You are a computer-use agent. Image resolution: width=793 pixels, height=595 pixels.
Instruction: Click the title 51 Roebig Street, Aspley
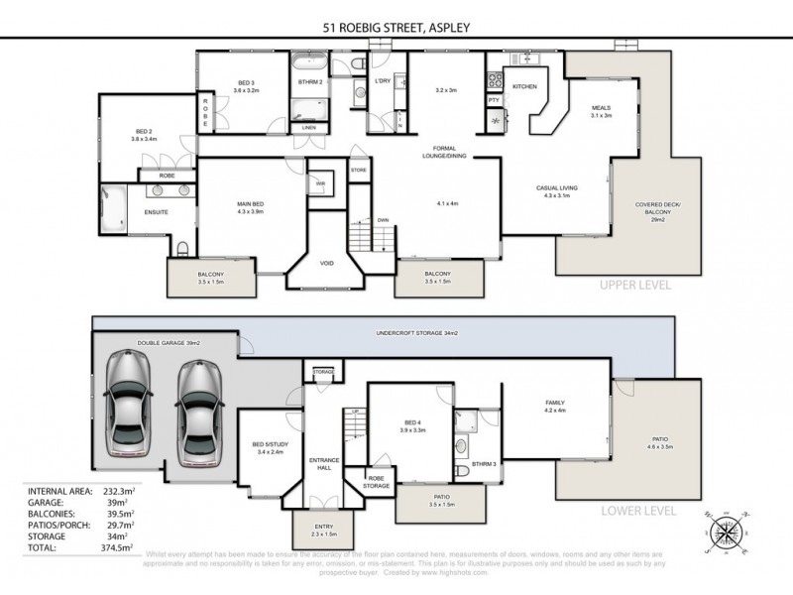396,28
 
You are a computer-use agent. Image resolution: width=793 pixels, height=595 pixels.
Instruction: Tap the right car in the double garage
198,409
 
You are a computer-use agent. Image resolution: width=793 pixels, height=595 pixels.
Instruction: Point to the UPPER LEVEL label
635,285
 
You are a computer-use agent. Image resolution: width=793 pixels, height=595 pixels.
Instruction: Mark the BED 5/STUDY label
269,446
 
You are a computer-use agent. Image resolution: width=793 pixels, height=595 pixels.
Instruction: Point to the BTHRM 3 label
484,463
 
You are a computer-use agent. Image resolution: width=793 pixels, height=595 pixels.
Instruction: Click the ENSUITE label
155,211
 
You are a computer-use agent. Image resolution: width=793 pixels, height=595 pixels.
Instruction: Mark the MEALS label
602,110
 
